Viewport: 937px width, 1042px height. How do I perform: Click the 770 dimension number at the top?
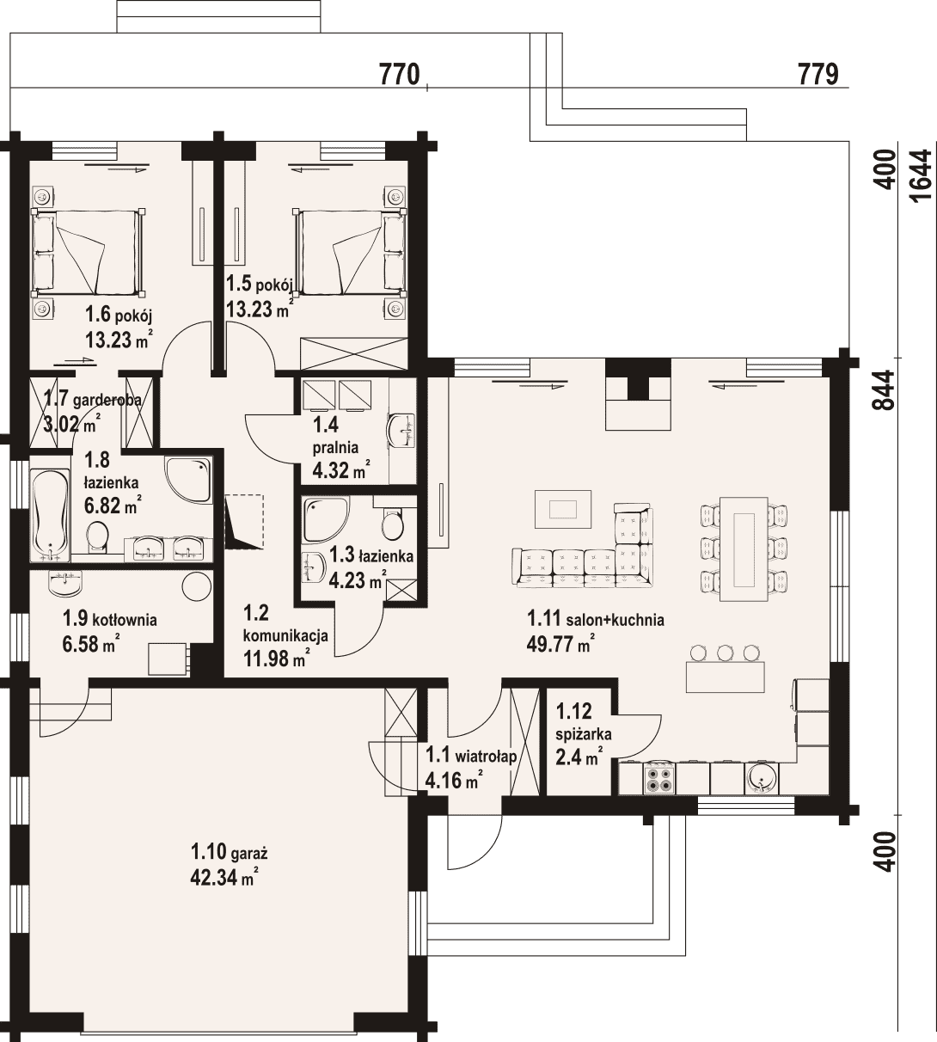click(399, 75)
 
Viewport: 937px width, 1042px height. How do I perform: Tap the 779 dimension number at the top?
click(818, 75)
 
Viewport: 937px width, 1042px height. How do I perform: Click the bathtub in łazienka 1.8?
click(51, 515)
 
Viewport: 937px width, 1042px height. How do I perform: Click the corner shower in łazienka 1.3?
click(326, 519)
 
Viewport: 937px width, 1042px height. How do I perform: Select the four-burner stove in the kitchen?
click(660, 777)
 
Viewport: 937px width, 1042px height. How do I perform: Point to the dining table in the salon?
click(744, 549)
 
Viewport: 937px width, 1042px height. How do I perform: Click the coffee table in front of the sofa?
click(563, 508)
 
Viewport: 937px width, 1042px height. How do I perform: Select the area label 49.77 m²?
click(560, 644)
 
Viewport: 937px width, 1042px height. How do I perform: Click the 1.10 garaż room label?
click(229, 852)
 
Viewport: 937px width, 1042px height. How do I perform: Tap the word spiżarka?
click(584, 735)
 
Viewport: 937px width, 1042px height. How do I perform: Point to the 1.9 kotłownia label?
click(109, 619)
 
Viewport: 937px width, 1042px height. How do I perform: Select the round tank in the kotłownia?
click(197, 586)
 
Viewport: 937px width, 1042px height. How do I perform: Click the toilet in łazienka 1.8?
click(97, 537)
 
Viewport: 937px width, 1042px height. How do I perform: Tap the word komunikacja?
click(285, 636)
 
